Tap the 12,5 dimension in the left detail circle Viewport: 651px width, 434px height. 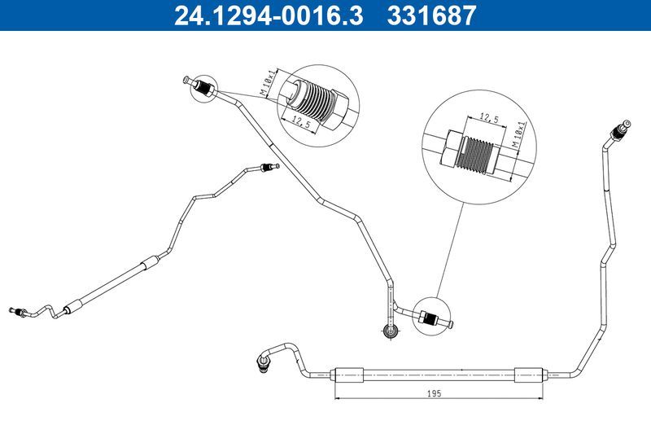302,122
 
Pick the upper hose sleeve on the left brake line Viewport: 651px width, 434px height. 148,263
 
